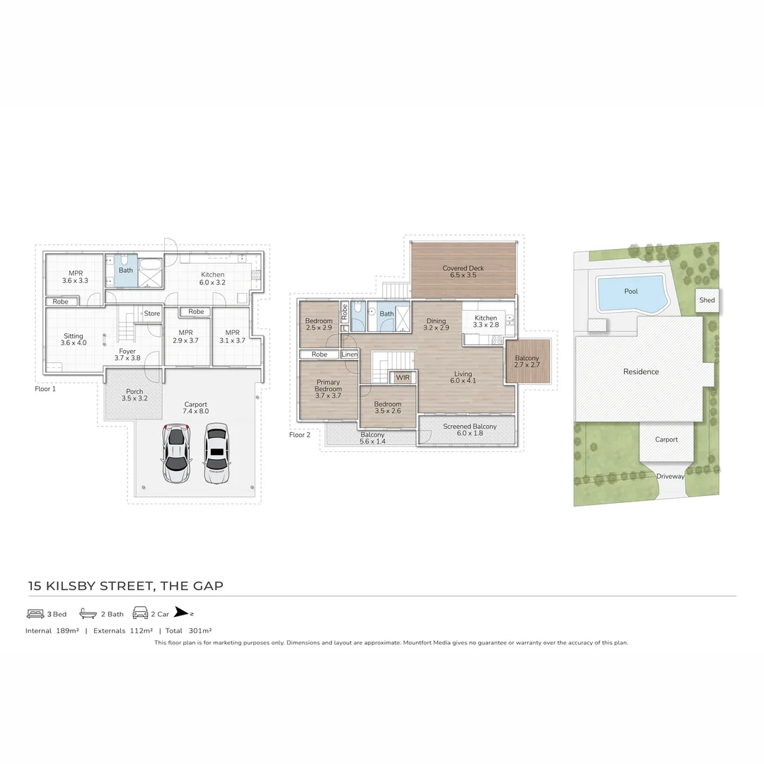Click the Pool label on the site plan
click(x=631, y=291)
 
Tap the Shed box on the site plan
click(x=707, y=300)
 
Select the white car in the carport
click(x=216, y=453)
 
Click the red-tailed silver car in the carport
click(x=177, y=453)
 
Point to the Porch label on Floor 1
click(x=134, y=391)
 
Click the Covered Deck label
click(x=463, y=268)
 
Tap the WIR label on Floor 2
click(x=403, y=378)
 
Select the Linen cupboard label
click(x=349, y=354)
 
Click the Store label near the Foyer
click(x=152, y=313)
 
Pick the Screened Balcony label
click(x=470, y=427)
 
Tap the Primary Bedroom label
click(x=328, y=386)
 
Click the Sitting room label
click(x=74, y=336)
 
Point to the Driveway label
click(x=670, y=476)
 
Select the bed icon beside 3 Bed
click(x=35, y=614)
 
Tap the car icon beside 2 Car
click(x=140, y=614)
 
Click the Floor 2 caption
click(x=300, y=434)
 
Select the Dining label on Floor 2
click(x=436, y=321)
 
